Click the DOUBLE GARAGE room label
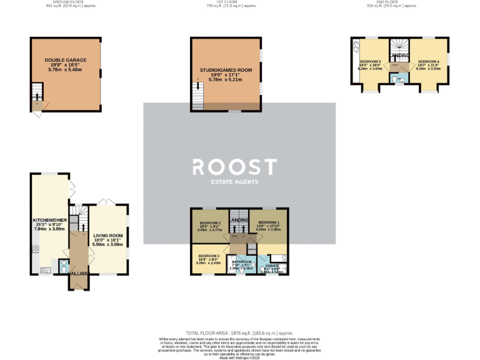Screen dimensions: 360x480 [x=66, y=60]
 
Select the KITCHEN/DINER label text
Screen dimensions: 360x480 [x=49, y=221]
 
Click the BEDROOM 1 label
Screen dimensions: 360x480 [x=269, y=222]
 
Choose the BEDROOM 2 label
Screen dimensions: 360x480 [x=211, y=223]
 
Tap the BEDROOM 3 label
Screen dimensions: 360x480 [x=209, y=256]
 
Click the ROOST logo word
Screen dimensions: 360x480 [x=234, y=167]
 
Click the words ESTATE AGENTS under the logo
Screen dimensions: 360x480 [x=234, y=183]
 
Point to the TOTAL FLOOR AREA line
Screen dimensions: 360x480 [x=239, y=334]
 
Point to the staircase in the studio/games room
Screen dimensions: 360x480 [x=199, y=97]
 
